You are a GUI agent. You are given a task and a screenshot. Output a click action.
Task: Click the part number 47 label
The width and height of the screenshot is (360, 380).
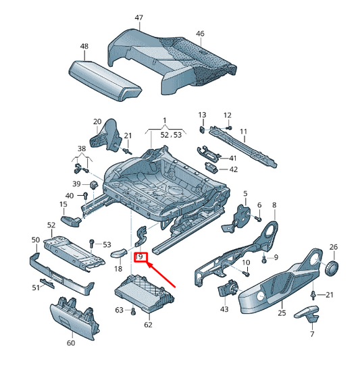[x=138, y=17]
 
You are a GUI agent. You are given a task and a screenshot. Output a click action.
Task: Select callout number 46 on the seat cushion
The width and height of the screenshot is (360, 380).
[x=200, y=33]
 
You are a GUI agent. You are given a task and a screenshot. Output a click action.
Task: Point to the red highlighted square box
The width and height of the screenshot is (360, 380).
[x=140, y=257]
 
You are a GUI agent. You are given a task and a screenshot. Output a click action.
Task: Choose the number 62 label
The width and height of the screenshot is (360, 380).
[x=148, y=325]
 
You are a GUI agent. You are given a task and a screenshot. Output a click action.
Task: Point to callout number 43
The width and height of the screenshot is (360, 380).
[x=224, y=309]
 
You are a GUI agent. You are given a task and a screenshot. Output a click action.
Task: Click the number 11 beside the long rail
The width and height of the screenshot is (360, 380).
[x=243, y=131]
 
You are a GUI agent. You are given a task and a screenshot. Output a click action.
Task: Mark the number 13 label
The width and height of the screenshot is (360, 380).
[x=202, y=115]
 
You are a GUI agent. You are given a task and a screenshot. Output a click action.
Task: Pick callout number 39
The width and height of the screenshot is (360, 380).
[x=77, y=184]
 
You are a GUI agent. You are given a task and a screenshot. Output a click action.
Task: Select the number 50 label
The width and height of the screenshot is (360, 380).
[x=36, y=240]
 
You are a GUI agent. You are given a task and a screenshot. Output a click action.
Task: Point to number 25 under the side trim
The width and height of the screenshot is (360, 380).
[x=282, y=313]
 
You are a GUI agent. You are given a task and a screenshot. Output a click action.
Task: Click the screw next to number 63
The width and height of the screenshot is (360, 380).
[x=132, y=311]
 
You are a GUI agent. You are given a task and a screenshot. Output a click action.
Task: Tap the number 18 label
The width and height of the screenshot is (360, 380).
[x=118, y=269]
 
